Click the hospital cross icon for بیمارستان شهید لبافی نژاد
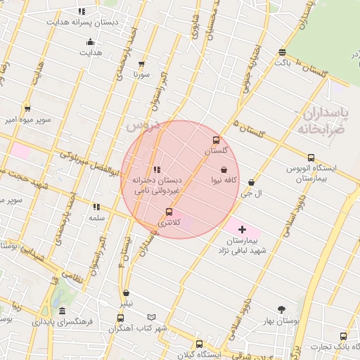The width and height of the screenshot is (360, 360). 243,229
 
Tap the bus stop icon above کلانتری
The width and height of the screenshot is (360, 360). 169,212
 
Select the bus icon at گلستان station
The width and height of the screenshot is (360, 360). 216,140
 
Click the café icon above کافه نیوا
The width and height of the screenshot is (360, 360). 224,169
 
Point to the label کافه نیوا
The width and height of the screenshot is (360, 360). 224,180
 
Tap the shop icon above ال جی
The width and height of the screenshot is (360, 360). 252,183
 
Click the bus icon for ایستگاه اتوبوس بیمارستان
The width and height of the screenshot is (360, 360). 311,158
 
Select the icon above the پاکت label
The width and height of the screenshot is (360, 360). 282,52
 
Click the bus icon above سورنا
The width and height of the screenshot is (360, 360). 142,63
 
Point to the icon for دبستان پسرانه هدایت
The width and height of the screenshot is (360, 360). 82,11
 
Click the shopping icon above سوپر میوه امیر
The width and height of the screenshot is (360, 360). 27,108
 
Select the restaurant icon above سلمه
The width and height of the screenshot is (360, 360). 96,207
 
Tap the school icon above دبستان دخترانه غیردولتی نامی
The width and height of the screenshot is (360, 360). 157,169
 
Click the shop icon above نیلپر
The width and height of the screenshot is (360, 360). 126,293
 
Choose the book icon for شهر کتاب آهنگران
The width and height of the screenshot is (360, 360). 151,318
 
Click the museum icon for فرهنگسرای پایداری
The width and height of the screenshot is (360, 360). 63,311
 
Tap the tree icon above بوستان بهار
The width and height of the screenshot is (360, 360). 282,309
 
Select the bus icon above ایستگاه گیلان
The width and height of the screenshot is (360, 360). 199,344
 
